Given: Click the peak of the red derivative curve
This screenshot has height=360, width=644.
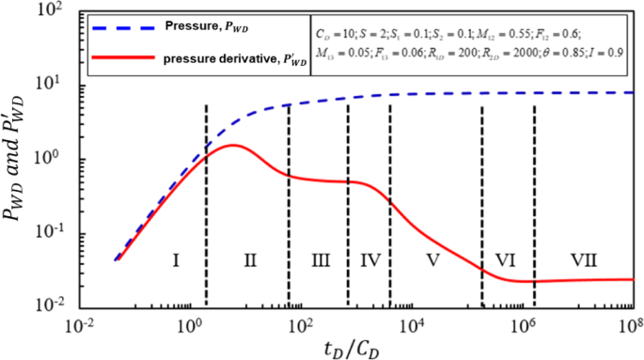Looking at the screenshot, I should [232, 145].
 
